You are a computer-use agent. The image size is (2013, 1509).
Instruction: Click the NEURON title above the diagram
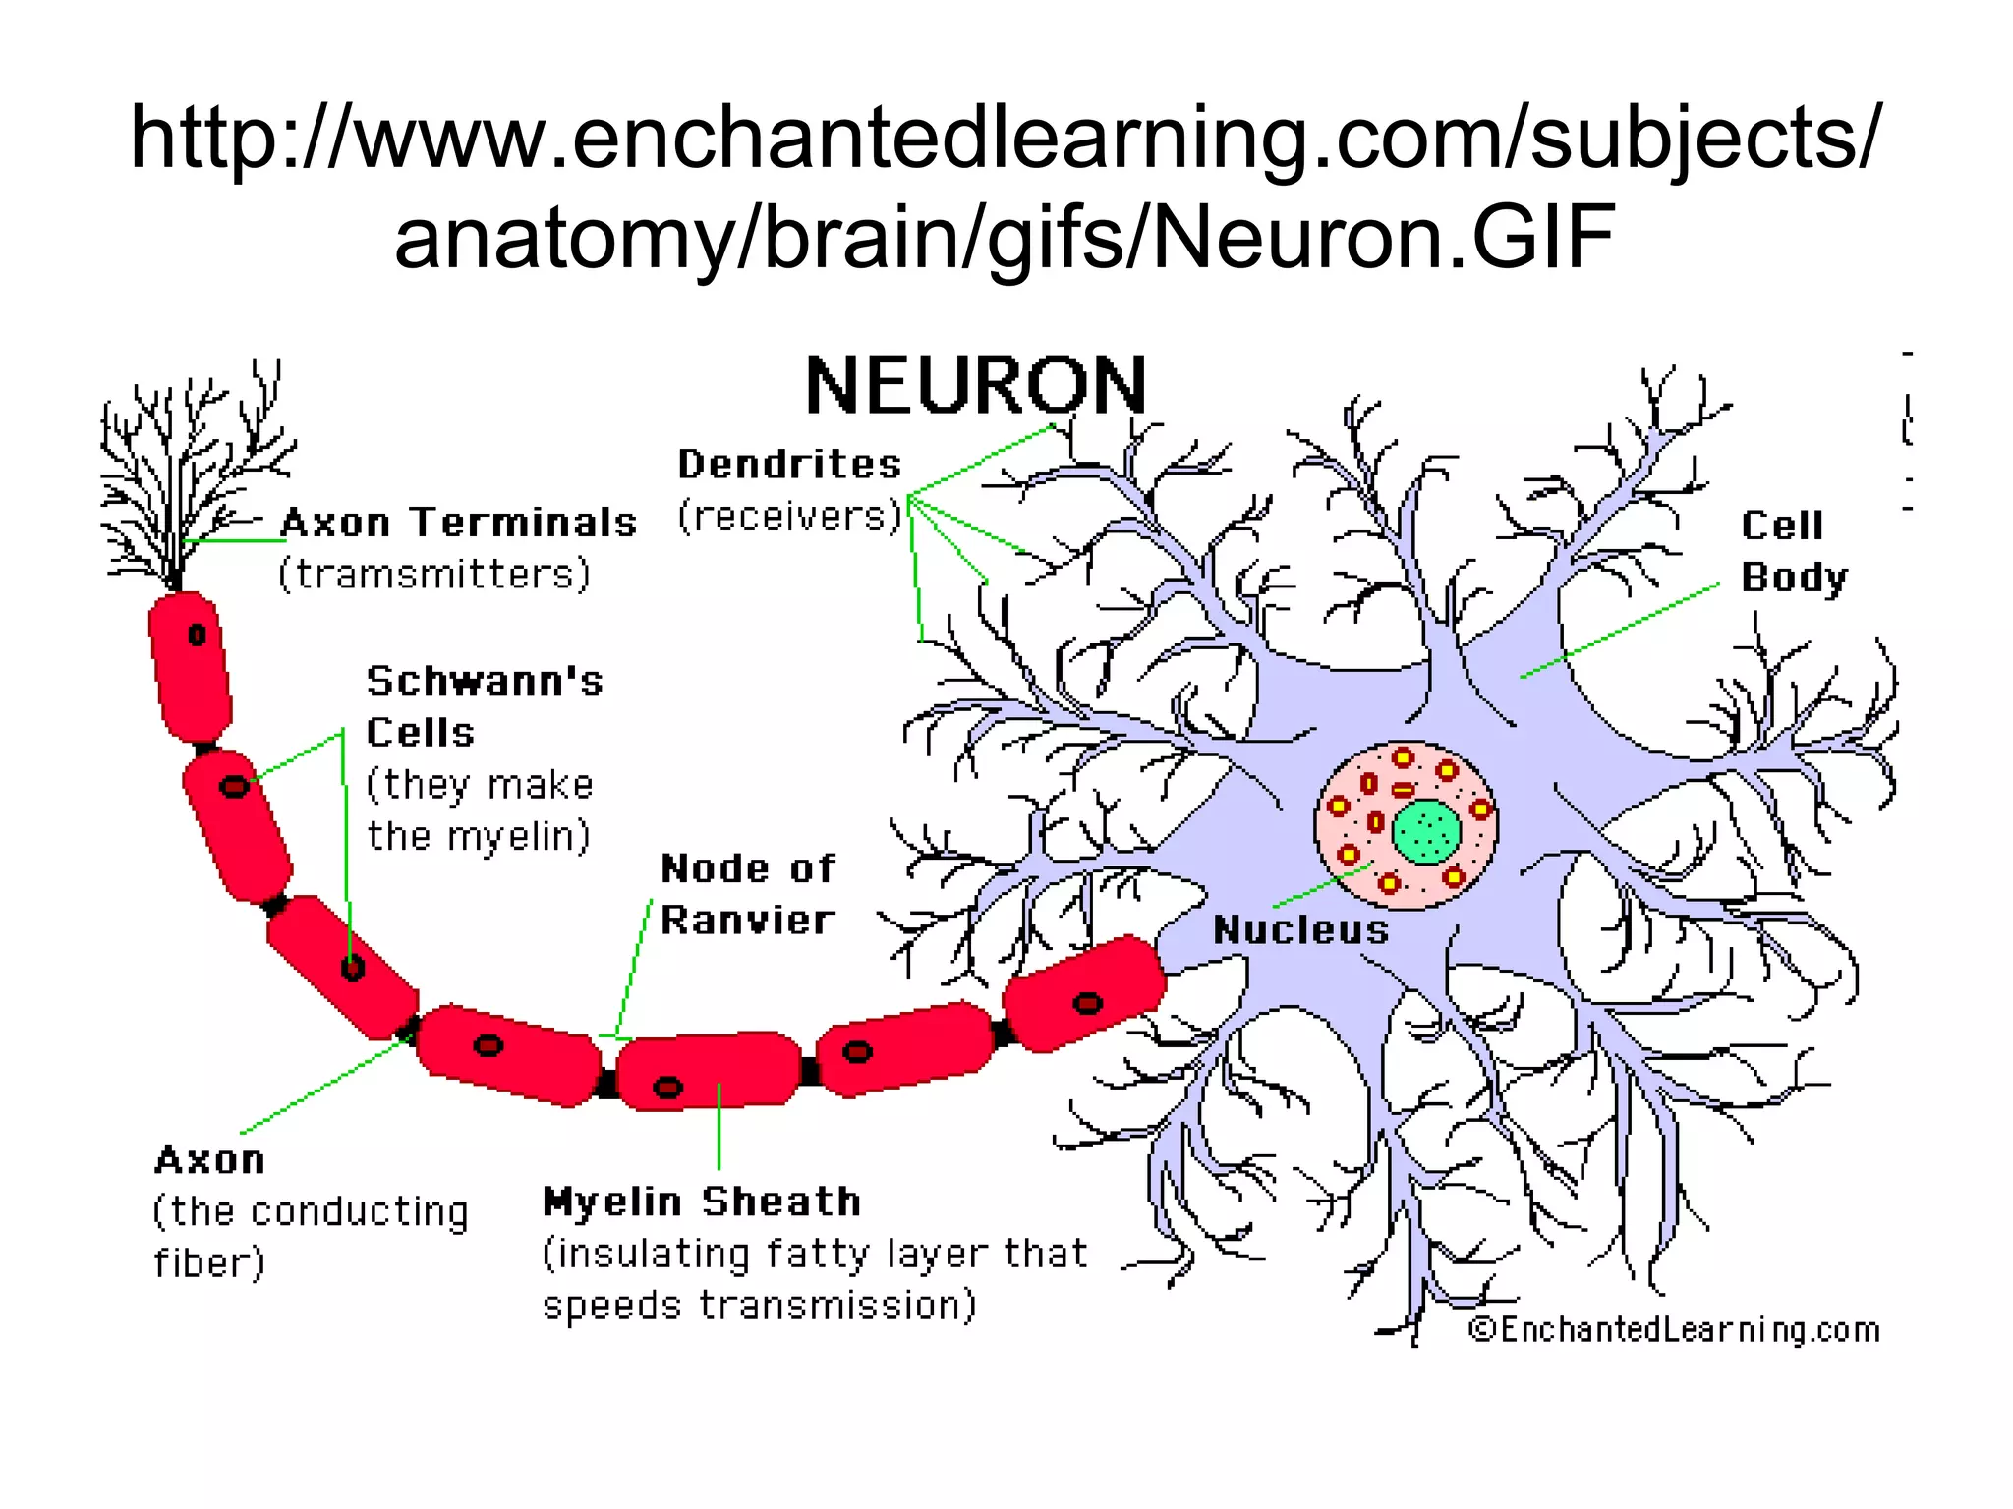(975, 386)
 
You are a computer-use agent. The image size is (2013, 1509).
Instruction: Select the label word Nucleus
(1300, 929)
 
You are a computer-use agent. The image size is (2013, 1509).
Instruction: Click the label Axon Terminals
(459, 522)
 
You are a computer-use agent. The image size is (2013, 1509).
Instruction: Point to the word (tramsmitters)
(434, 574)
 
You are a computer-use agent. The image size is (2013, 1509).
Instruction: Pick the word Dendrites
(789, 464)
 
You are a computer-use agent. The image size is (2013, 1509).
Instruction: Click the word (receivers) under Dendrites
(789, 516)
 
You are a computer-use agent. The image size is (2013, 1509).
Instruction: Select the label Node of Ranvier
(747, 894)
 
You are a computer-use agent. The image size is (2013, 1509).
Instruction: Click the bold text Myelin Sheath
(702, 1202)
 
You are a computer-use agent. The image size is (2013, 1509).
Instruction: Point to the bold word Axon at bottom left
(209, 1160)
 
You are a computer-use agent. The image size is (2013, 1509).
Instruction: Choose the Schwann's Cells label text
(484, 706)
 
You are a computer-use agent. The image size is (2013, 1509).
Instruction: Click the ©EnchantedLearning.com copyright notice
(1673, 1330)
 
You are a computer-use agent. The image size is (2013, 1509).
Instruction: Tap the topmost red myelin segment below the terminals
(191, 666)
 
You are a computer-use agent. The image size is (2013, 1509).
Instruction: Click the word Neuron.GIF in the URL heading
(1382, 238)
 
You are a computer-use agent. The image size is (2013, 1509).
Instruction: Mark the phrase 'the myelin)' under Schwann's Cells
(479, 837)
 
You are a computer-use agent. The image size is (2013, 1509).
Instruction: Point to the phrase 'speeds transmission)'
(759, 1306)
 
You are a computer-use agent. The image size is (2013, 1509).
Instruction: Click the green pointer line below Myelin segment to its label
(719, 1126)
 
